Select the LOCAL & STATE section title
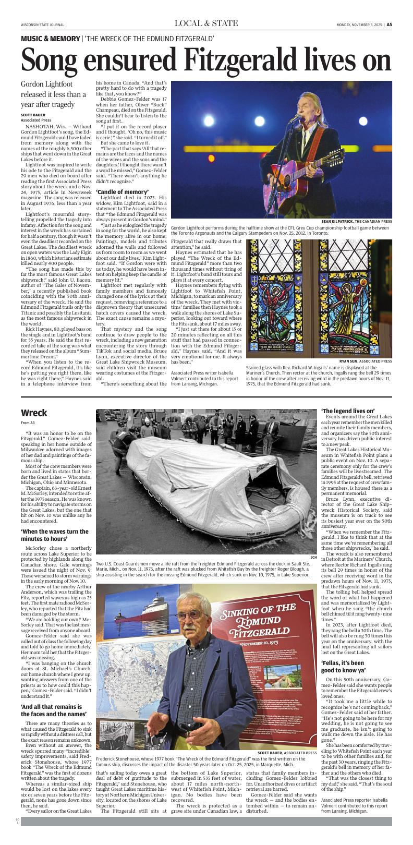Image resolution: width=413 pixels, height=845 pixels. [x=207, y=23]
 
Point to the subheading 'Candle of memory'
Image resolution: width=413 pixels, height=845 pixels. [x=123, y=192]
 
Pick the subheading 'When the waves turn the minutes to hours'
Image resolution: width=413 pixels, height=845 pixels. [x=55, y=535]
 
